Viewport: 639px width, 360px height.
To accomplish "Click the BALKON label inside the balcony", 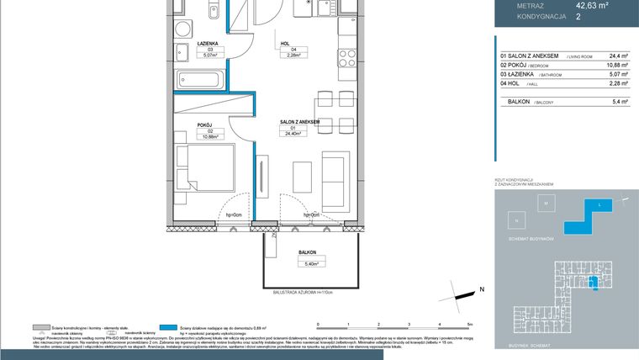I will point(307,252).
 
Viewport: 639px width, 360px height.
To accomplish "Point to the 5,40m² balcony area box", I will point(307,262).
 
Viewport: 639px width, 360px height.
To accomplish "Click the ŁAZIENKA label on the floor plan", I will point(208,43).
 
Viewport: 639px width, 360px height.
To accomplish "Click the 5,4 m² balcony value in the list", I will point(619,102).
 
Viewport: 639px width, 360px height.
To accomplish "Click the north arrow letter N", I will point(482,289).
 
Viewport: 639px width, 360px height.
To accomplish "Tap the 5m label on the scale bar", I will point(470,323).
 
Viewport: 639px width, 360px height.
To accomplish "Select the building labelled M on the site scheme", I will point(545,204).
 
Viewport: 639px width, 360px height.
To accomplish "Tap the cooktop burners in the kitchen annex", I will point(346,59).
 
